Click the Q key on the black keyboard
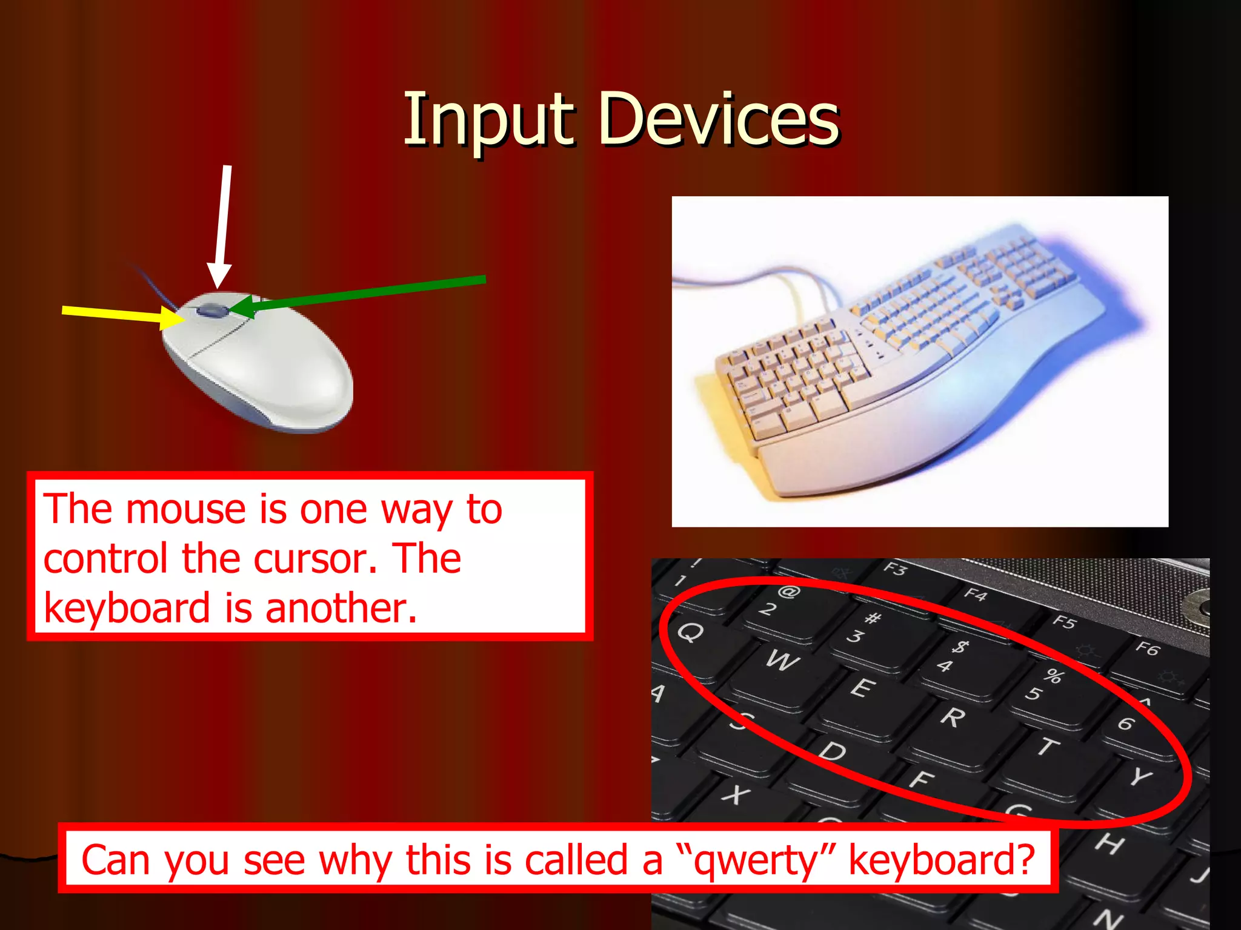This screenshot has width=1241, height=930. tap(691, 633)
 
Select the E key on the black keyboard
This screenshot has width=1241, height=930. tap(862, 688)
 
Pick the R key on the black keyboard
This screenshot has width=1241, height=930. tap(953, 718)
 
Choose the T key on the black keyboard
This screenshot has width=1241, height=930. tap(1046, 747)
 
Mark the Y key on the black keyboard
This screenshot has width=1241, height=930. tap(1140, 776)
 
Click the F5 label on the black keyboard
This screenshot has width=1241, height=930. tap(1064, 622)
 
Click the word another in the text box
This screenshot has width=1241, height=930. tap(341, 608)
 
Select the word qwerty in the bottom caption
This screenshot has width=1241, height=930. tap(755, 860)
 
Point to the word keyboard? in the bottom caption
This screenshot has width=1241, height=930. tap(941, 860)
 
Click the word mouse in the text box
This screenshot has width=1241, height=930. tap(185, 509)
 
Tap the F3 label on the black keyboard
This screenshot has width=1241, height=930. tap(895, 569)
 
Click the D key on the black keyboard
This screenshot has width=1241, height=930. tap(833, 751)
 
